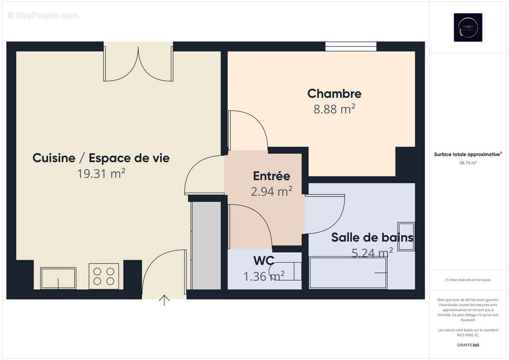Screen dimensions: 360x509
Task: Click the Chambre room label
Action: click(334, 94)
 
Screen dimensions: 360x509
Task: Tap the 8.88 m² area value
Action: click(334, 109)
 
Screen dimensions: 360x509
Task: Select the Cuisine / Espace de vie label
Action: click(101, 158)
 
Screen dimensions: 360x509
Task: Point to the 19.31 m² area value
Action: click(101, 173)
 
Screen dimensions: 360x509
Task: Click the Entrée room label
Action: click(271, 176)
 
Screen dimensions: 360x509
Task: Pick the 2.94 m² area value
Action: click(271, 191)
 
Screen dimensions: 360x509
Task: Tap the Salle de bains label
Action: click(372, 237)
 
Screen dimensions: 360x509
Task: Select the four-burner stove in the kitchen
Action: click(104, 276)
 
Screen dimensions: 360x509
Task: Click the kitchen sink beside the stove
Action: click(58, 278)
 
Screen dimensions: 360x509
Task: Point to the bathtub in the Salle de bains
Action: click(348, 273)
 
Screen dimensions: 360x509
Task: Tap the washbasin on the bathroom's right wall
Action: click(406, 236)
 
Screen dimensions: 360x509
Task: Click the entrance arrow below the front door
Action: click(164, 300)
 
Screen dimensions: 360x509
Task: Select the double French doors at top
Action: click(138, 63)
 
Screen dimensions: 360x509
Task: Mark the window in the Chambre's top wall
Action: click(351, 46)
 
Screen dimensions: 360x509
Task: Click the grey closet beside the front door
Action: click(206, 245)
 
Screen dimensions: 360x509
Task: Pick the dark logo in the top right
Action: click(468, 27)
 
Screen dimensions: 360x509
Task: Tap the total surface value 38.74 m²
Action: click(468, 163)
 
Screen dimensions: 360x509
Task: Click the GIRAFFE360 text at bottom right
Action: click(468, 345)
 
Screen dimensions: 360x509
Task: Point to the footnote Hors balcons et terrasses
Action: click(468, 280)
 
